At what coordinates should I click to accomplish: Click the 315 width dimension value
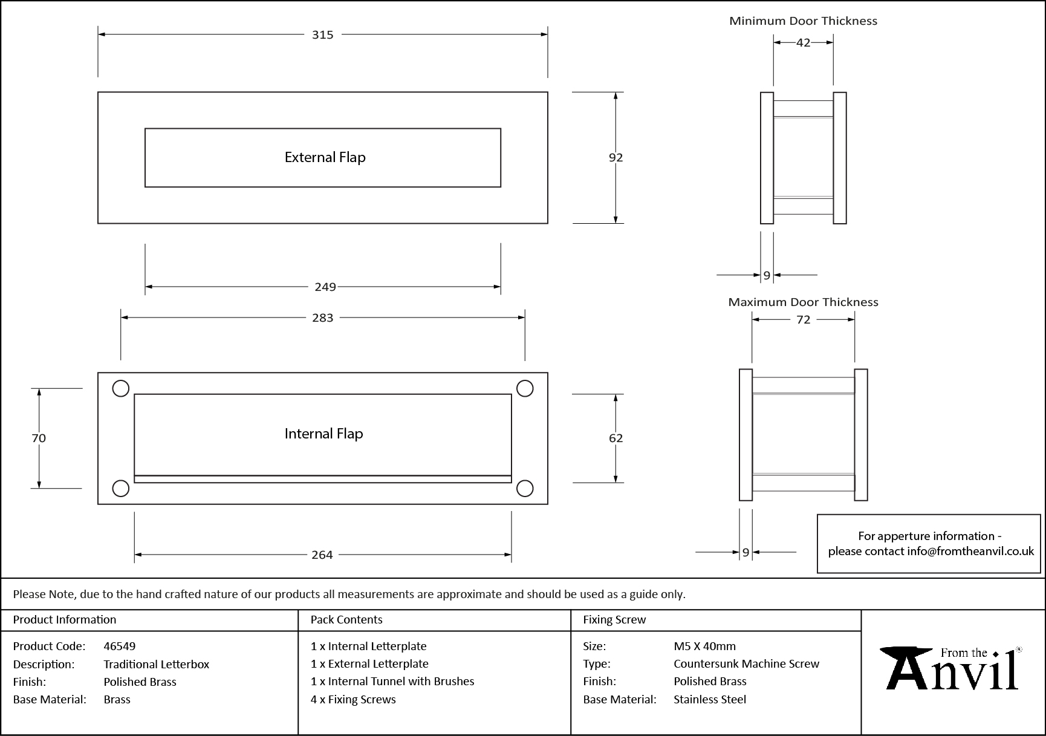coord(322,35)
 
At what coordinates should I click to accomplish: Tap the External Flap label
coord(325,157)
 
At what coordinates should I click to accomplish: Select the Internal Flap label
coord(323,434)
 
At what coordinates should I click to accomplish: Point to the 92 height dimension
coord(616,157)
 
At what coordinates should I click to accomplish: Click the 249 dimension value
coord(325,287)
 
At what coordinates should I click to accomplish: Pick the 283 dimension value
coord(322,318)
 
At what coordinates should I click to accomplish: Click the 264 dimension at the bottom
coord(322,555)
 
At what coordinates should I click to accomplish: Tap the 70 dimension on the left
coord(39,438)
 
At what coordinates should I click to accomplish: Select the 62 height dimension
coord(616,438)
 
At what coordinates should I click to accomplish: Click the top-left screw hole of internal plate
coord(121,388)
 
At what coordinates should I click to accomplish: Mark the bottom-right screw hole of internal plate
coord(525,488)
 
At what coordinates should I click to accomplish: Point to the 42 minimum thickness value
coord(803,42)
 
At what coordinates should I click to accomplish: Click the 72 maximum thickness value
coord(803,319)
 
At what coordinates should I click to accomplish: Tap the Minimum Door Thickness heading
coord(803,21)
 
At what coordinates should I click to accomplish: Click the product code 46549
coord(120,646)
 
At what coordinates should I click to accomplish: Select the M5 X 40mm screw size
coord(704,646)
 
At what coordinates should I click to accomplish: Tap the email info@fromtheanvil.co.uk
coord(970,551)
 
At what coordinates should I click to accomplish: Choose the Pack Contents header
coord(346,619)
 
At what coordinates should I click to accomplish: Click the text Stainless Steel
coord(710,699)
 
